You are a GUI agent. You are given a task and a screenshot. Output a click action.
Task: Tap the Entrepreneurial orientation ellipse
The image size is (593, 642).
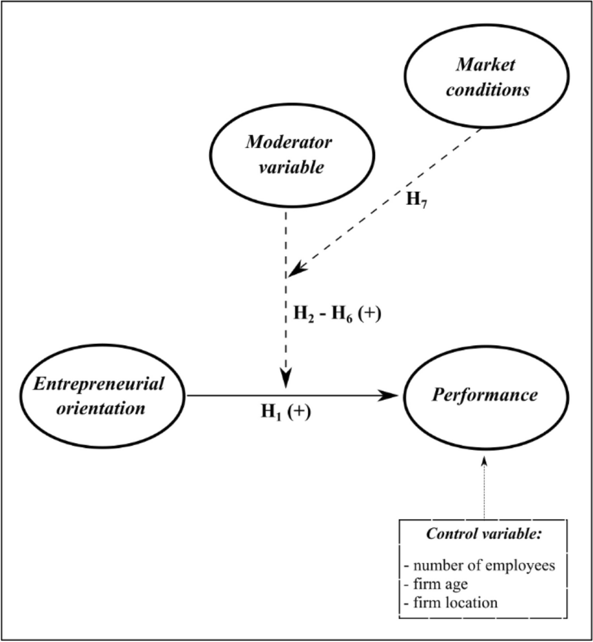(x=99, y=396)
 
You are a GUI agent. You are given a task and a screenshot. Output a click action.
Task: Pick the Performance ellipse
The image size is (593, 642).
(x=483, y=396)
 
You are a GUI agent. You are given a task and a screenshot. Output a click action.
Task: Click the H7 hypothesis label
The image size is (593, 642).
(x=416, y=198)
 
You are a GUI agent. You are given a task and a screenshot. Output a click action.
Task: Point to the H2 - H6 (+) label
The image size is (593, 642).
(x=329, y=317)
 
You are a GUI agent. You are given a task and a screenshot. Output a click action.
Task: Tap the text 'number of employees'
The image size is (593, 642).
(x=479, y=567)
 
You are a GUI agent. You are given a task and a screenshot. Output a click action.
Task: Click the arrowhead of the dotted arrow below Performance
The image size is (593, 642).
(x=483, y=462)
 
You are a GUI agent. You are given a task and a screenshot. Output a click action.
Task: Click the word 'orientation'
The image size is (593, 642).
(x=99, y=408)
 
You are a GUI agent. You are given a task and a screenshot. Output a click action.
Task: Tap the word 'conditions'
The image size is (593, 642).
(x=490, y=90)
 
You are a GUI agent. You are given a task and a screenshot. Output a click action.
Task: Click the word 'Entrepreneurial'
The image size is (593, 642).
(x=99, y=384)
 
